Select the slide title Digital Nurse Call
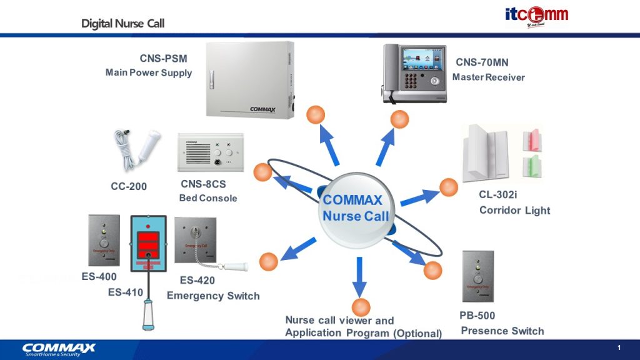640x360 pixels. click(x=122, y=24)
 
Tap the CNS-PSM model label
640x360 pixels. click(x=164, y=59)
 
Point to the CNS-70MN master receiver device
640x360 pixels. click(x=414, y=73)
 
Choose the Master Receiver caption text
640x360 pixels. click(x=489, y=77)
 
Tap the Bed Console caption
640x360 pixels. click(x=208, y=198)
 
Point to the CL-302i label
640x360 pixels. click(x=498, y=194)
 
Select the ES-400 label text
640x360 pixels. click(x=99, y=276)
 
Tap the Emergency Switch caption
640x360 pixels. click(x=213, y=296)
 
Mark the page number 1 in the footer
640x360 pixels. click(x=619, y=348)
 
